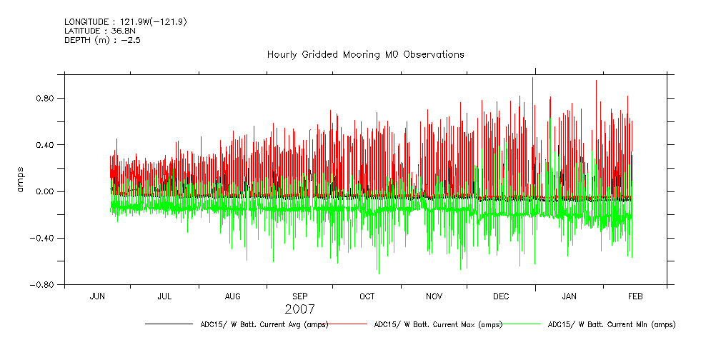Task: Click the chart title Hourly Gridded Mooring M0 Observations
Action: coord(365,54)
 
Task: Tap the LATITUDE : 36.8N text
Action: coord(95,31)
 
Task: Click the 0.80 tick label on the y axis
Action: coord(45,98)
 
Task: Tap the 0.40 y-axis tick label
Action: coord(45,145)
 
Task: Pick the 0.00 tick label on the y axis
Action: coord(45,191)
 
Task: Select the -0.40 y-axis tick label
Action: coord(42,239)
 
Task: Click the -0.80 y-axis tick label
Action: coord(42,285)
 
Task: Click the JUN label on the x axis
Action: coord(97,296)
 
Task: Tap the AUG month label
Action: coord(233,296)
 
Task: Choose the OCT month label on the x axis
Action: coord(367,296)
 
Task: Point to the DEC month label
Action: coord(501,296)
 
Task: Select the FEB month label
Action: coord(635,296)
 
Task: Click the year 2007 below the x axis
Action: coord(299,309)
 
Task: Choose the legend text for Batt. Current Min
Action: coord(611,324)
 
